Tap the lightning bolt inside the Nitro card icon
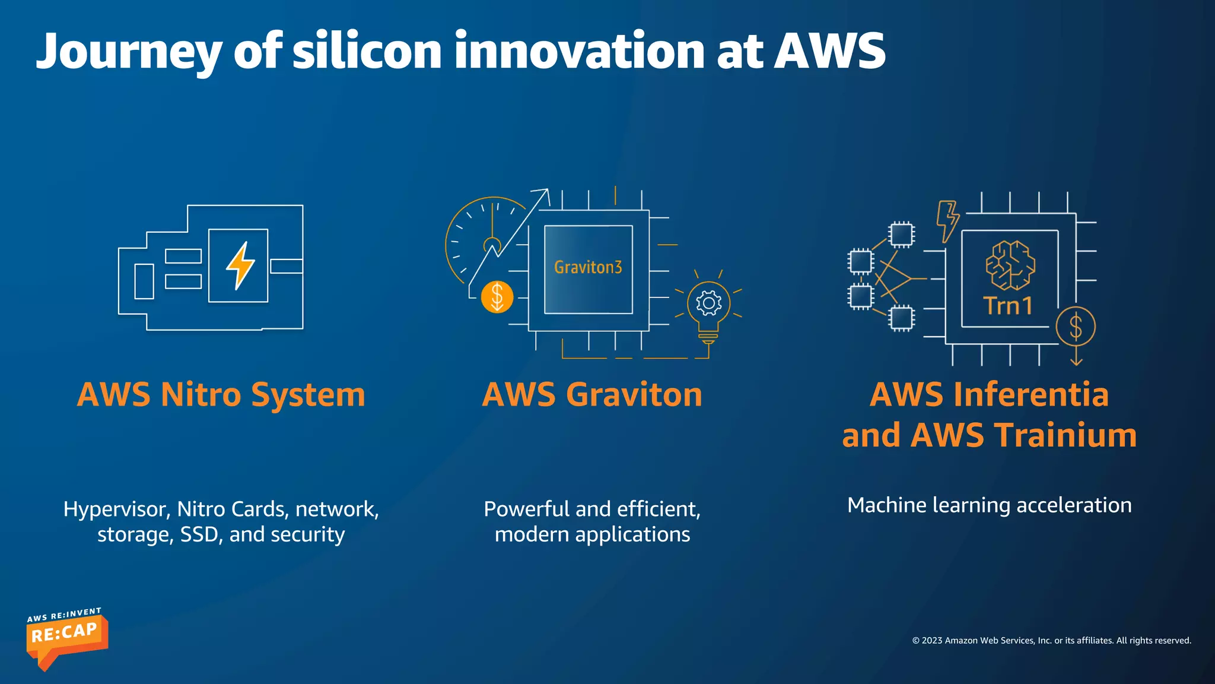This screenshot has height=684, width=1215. coord(240,265)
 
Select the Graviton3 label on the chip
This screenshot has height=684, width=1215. coord(588,268)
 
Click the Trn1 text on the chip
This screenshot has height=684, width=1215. coord(1009,306)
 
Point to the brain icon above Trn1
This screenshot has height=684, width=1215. coord(1010,265)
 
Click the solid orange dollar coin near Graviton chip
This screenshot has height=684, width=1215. coord(497,296)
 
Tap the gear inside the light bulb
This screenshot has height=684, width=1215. coord(708,303)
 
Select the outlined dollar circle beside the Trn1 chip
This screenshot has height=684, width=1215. coord(1076,327)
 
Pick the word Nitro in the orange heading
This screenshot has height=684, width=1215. coord(201,395)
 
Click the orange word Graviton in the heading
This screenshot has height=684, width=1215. coord(634,395)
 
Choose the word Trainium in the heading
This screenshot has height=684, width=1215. coord(1065,435)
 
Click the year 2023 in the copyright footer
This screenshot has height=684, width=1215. coord(932,641)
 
